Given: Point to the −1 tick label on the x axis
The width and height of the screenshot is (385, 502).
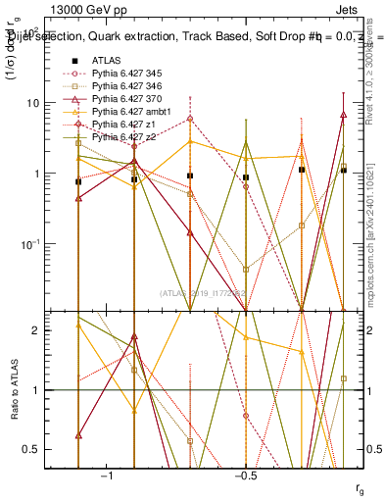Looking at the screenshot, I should pyautogui.click(x=107, y=475).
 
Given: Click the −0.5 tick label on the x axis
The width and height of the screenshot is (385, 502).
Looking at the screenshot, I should pyautogui.click(x=245, y=475).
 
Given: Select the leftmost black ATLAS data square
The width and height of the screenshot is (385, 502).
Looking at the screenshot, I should pyautogui.click(x=78, y=181).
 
